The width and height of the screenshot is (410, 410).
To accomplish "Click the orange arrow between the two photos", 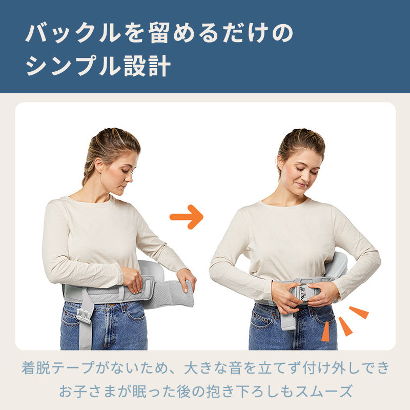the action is [187, 217].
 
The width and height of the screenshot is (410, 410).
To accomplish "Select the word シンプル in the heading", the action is [73, 66].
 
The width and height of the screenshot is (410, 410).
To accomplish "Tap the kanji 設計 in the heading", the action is [147, 66].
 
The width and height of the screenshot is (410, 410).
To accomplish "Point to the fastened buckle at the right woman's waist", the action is [303, 293].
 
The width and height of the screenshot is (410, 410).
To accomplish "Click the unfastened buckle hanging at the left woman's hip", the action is [84, 315].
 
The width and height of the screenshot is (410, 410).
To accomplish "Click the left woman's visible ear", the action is [99, 165].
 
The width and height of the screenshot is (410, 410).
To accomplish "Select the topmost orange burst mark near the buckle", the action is [359, 312].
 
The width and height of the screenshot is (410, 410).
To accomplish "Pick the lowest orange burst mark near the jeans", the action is [325, 332].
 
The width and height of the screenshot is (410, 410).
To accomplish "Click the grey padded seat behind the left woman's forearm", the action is [152, 270].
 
